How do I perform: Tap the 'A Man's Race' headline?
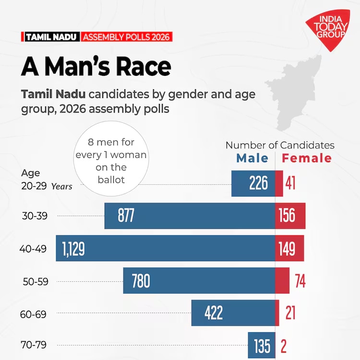click(x=96, y=67)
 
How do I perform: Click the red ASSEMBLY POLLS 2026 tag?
click(x=126, y=37)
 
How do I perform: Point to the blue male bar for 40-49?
click(x=165, y=248)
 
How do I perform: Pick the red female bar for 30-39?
click(x=290, y=216)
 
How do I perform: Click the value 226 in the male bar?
click(x=258, y=183)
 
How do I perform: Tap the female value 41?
click(x=290, y=183)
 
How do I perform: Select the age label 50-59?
click(x=36, y=282)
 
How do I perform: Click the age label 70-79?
click(x=36, y=345)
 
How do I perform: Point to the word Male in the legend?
click(x=252, y=158)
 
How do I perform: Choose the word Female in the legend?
click(x=307, y=158)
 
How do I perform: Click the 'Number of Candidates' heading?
click(x=280, y=145)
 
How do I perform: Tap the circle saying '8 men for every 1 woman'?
click(x=111, y=161)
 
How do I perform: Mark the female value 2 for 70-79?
click(x=284, y=346)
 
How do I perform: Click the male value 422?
click(x=214, y=313)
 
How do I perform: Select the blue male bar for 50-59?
click(x=199, y=281)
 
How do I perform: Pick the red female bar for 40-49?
click(x=289, y=248)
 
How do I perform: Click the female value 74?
click(x=300, y=281)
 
